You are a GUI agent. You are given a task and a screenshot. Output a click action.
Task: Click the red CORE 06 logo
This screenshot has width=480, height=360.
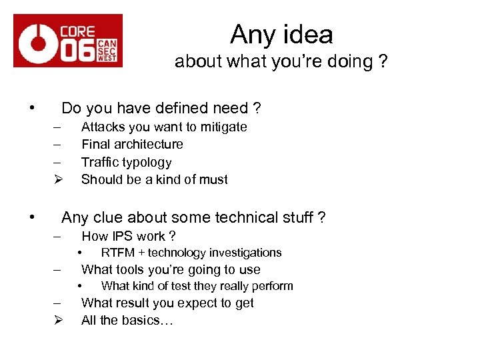[x=68, y=41]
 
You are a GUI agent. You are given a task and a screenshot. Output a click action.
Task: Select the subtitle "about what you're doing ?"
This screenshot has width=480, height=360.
[x=281, y=62]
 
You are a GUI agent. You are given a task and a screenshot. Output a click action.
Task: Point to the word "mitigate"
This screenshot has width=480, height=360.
[x=220, y=127]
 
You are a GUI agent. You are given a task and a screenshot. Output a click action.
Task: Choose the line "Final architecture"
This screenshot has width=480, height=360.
[x=132, y=145]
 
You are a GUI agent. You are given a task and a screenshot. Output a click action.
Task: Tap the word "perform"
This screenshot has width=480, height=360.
[x=273, y=287]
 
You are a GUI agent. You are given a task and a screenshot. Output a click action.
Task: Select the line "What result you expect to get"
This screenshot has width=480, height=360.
[x=167, y=303]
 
